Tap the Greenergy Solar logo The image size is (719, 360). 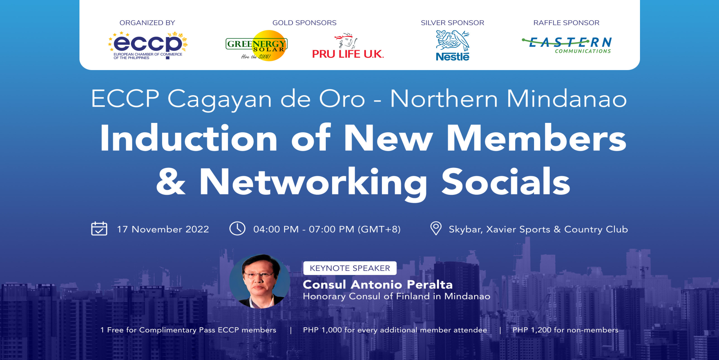click(x=257, y=46)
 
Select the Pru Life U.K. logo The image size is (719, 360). click(x=348, y=46)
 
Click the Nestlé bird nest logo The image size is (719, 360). click(x=452, y=45)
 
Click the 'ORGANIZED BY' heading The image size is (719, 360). click(x=147, y=23)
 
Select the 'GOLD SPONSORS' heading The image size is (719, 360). click(x=304, y=23)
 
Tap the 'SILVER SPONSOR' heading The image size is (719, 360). click(x=452, y=23)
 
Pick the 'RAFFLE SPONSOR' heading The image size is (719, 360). click(x=566, y=23)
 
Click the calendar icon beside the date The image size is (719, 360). click(x=99, y=229)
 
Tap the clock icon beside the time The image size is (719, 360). click(x=237, y=228)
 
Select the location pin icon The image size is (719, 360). click(x=436, y=228)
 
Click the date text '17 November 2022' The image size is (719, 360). click(x=163, y=229)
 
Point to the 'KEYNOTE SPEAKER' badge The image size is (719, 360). click(x=350, y=268)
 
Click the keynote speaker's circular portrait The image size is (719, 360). click(x=260, y=281)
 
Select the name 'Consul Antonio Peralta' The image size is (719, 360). click(x=377, y=284)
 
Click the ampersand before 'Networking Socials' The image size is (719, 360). click(x=171, y=182)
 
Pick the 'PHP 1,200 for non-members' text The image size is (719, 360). click(x=565, y=330)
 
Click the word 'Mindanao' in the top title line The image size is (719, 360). click(x=567, y=99)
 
